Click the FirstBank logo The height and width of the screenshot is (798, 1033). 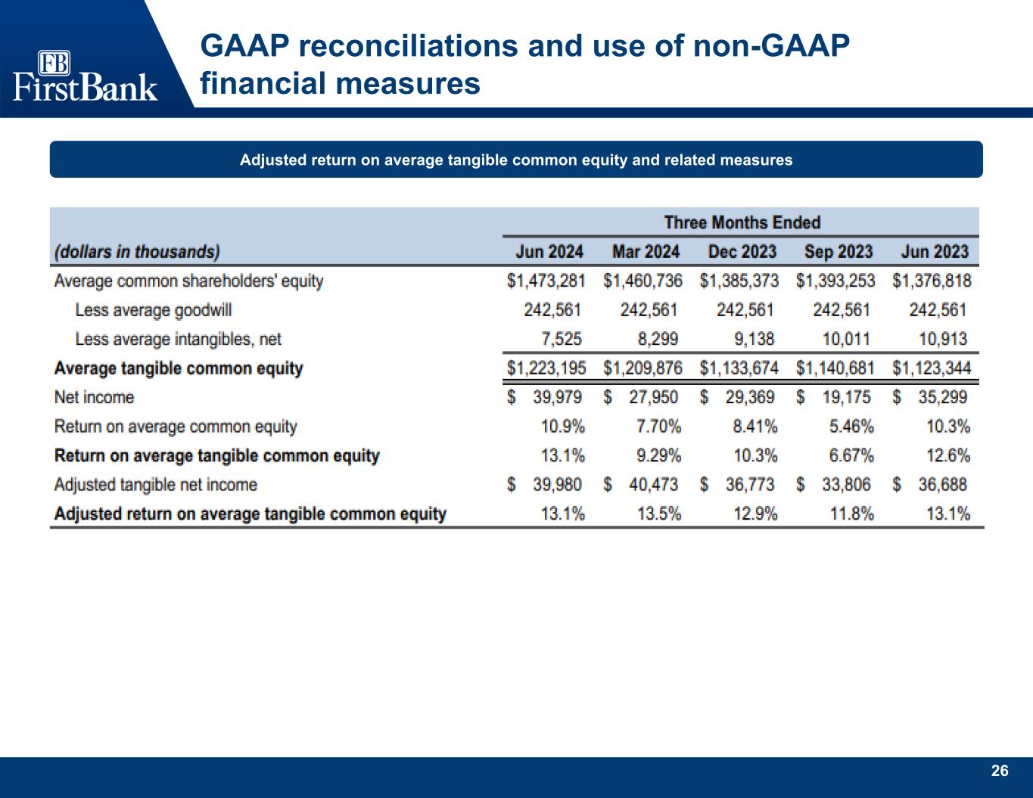[85, 76]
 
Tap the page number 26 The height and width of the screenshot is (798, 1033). [1000, 771]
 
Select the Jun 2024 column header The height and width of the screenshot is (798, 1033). [549, 251]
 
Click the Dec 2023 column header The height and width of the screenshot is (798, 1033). [742, 251]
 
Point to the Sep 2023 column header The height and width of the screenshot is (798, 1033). [839, 251]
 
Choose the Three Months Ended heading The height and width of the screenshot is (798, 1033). [742, 222]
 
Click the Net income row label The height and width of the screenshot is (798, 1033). [94, 397]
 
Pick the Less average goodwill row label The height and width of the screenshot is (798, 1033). [153, 310]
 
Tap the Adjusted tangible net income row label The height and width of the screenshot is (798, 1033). [155, 484]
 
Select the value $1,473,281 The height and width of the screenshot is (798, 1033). [546, 281]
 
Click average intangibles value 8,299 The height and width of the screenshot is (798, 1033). [658, 339]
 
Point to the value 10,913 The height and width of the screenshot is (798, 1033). [941, 339]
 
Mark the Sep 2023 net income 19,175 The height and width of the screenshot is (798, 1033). [846, 397]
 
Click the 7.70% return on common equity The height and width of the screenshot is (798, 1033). [658, 427]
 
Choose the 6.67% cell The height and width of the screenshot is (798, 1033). [851, 455]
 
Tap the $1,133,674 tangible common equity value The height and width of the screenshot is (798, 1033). [739, 368]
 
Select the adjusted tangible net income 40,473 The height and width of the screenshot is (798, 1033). [653, 484]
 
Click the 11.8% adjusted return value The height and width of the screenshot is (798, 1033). [852, 514]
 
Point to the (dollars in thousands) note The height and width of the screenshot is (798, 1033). [137, 251]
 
